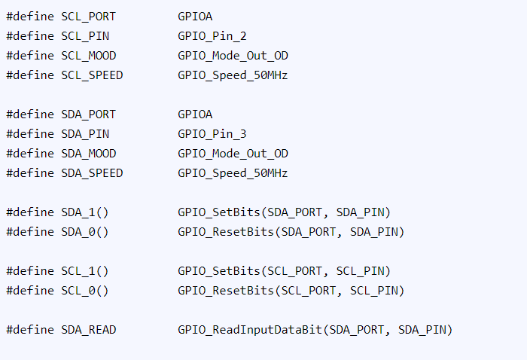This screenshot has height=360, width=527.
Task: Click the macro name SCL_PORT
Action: pyautogui.click(x=88, y=17)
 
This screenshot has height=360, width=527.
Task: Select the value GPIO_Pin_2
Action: pyautogui.click(x=212, y=36)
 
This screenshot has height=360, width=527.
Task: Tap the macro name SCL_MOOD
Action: pyautogui.click(x=88, y=56)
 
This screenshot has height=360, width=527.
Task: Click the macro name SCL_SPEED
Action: pyautogui.click(x=92, y=75)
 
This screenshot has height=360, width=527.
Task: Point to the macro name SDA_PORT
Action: pyautogui.click(x=88, y=114)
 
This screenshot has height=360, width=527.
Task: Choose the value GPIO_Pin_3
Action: pyautogui.click(x=212, y=134)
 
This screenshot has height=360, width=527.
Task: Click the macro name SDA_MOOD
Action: pyautogui.click(x=88, y=154)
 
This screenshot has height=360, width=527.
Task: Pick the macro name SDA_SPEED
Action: pyautogui.click(x=92, y=172)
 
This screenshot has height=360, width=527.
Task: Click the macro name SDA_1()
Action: pyautogui.click(x=85, y=212)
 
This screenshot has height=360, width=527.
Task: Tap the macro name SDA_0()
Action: pyautogui.click(x=85, y=232)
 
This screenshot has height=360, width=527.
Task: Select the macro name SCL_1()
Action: pyautogui.click(x=85, y=271)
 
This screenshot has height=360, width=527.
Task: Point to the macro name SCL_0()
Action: pyautogui.click(x=85, y=291)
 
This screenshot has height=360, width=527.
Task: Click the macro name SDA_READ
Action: pyautogui.click(x=88, y=330)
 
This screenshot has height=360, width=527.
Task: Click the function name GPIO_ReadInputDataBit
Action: pyautogui.click(x=250, y=330)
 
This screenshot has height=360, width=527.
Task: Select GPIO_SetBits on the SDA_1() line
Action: pyautogui.click(x=219, y=212)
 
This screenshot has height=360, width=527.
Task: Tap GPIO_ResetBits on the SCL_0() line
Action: pyautogui.click(x=226, y=291)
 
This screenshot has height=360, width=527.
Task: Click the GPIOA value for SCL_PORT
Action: pyautogui.click(x=195, y=17)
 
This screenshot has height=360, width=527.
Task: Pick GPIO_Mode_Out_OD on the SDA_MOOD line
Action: pyautogui.click(x=233, y=154)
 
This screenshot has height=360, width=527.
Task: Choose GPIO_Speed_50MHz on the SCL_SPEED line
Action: pyautogui.click(x=233, y=75)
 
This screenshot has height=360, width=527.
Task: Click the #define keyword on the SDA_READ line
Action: pyautogui.click(x=30, y=330)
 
